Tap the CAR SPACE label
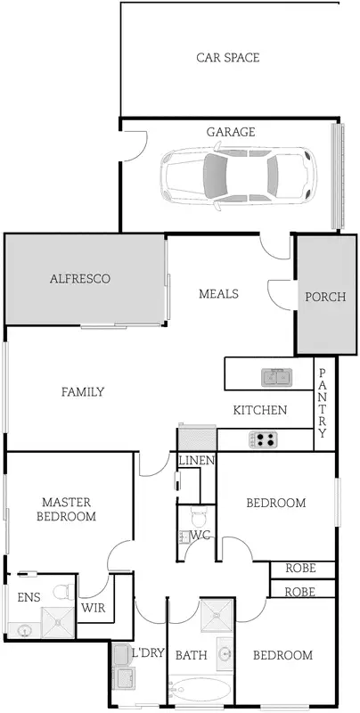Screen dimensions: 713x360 tap(228, 58)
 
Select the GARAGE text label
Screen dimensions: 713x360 tap(231, 132)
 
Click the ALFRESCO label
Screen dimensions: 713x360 tap(79, 279)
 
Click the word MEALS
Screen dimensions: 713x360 tap(218, 293)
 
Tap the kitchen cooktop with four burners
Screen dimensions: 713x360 tap(265, 438)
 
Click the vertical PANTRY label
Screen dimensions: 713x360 tap(323, 403)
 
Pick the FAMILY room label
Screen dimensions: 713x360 tap(83, 391)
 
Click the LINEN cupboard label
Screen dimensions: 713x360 tap(196, 461)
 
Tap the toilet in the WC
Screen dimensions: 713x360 tap(198, 516)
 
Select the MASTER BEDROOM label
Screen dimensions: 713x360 tap(65, 509)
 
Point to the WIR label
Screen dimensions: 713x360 tap(94, 608)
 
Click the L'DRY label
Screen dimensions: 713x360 tap(148, 653)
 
